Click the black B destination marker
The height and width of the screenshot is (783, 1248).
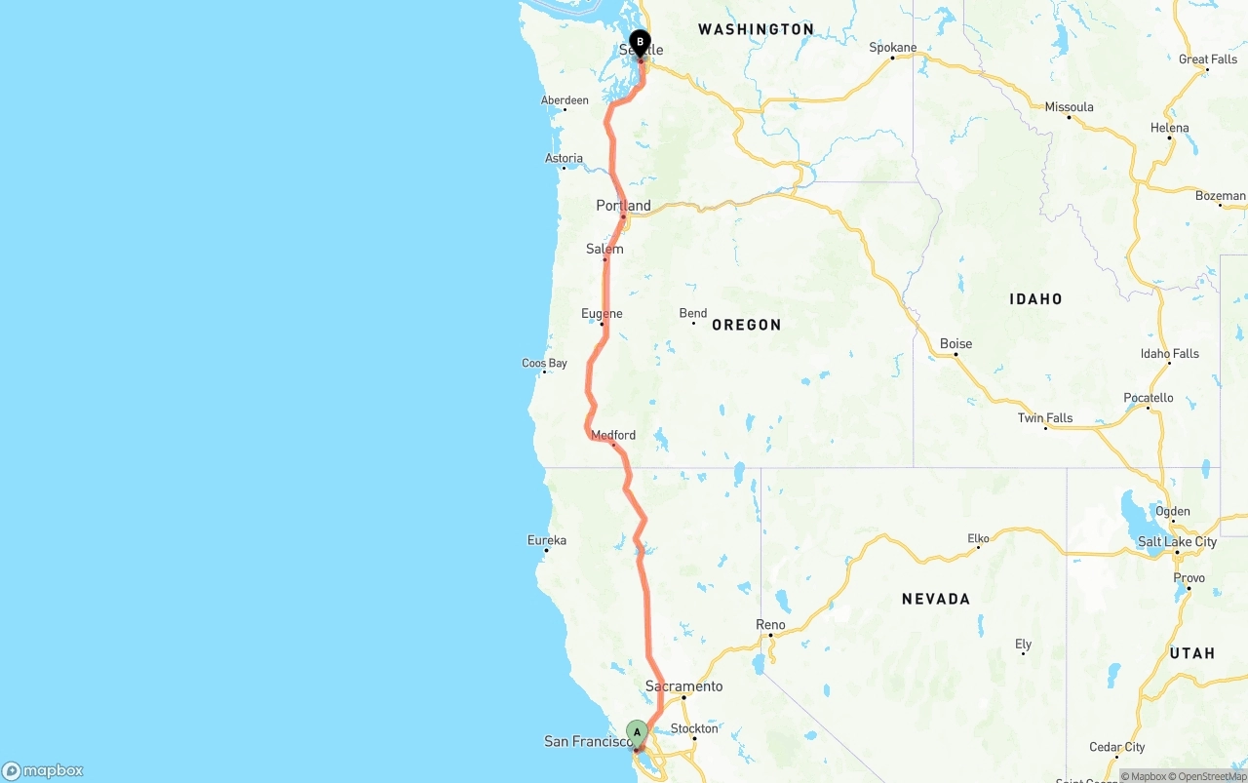640,43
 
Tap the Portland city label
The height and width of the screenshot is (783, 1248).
623,206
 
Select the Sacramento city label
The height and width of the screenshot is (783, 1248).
683,686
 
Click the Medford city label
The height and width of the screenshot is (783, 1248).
613,435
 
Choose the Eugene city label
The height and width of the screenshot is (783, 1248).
602,313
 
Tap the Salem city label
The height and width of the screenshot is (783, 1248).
604,249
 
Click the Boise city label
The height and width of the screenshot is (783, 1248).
955,343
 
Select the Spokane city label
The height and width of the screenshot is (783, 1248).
893,47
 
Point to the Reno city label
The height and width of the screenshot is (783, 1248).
770,624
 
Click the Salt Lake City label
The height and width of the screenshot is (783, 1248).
1177,541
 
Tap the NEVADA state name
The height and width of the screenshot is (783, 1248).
935,599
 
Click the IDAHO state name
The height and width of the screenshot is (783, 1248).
1035,299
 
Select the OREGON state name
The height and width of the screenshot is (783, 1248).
746,325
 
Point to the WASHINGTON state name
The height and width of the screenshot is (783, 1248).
756,29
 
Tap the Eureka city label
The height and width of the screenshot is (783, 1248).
546,540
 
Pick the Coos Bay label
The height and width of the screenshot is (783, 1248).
544,363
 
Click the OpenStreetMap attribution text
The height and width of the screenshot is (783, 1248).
1211,776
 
